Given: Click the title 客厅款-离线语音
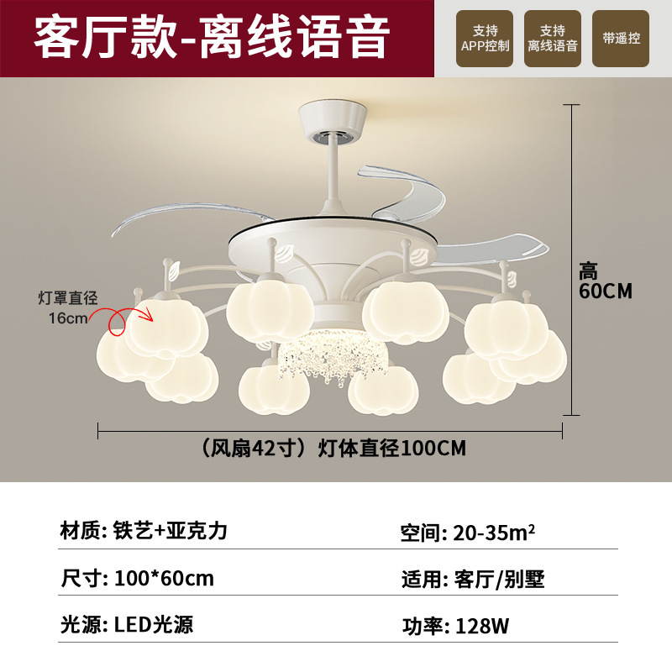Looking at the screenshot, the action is tap(212, 38).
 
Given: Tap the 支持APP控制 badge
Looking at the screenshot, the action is tap(486, 39).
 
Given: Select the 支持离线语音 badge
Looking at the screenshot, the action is tap(553, 39).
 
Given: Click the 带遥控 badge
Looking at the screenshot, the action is tap(621, 39).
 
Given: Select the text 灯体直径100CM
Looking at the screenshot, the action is tap(391, 449).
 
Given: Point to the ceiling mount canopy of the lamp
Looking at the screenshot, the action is tap(335, 121).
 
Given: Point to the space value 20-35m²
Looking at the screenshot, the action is tap(494, 533).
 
